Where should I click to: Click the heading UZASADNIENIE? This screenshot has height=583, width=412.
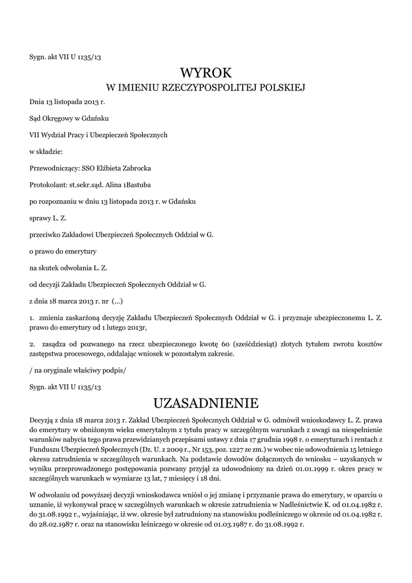click(206, 403)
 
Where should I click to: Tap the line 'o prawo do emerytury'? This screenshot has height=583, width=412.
click(63, 251)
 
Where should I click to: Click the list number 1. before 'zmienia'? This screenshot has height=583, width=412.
click(32, 317)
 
